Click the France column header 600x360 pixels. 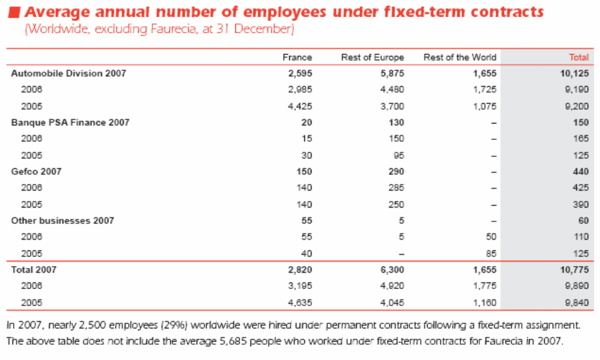297,57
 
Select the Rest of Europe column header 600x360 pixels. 372,57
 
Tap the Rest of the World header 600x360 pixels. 459,57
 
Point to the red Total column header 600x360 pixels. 578,57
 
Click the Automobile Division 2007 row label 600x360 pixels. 68,74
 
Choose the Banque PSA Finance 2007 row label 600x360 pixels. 70,122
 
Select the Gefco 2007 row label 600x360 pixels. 36,171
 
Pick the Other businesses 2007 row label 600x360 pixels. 62,221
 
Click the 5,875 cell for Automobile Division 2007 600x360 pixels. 392,74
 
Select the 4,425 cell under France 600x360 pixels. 300,106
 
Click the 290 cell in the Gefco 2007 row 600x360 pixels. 396,171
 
